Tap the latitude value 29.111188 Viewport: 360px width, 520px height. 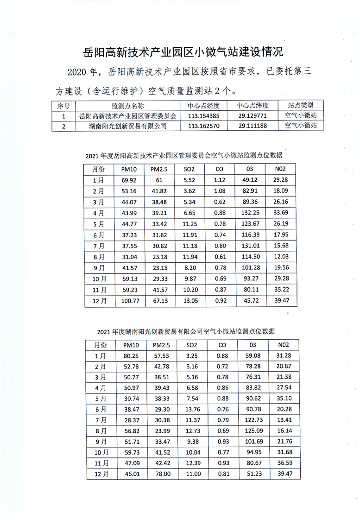(x=253, y=126)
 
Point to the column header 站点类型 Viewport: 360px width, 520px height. (x=301, y=106)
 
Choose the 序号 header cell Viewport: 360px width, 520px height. (x=63, y=106)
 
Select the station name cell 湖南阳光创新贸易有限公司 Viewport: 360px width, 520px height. (x=128, y=126)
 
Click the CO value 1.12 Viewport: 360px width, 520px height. (x=220, y=181)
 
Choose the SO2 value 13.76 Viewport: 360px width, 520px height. (x=191, y=409)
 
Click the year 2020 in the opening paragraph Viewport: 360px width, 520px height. (x=77, y=72)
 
